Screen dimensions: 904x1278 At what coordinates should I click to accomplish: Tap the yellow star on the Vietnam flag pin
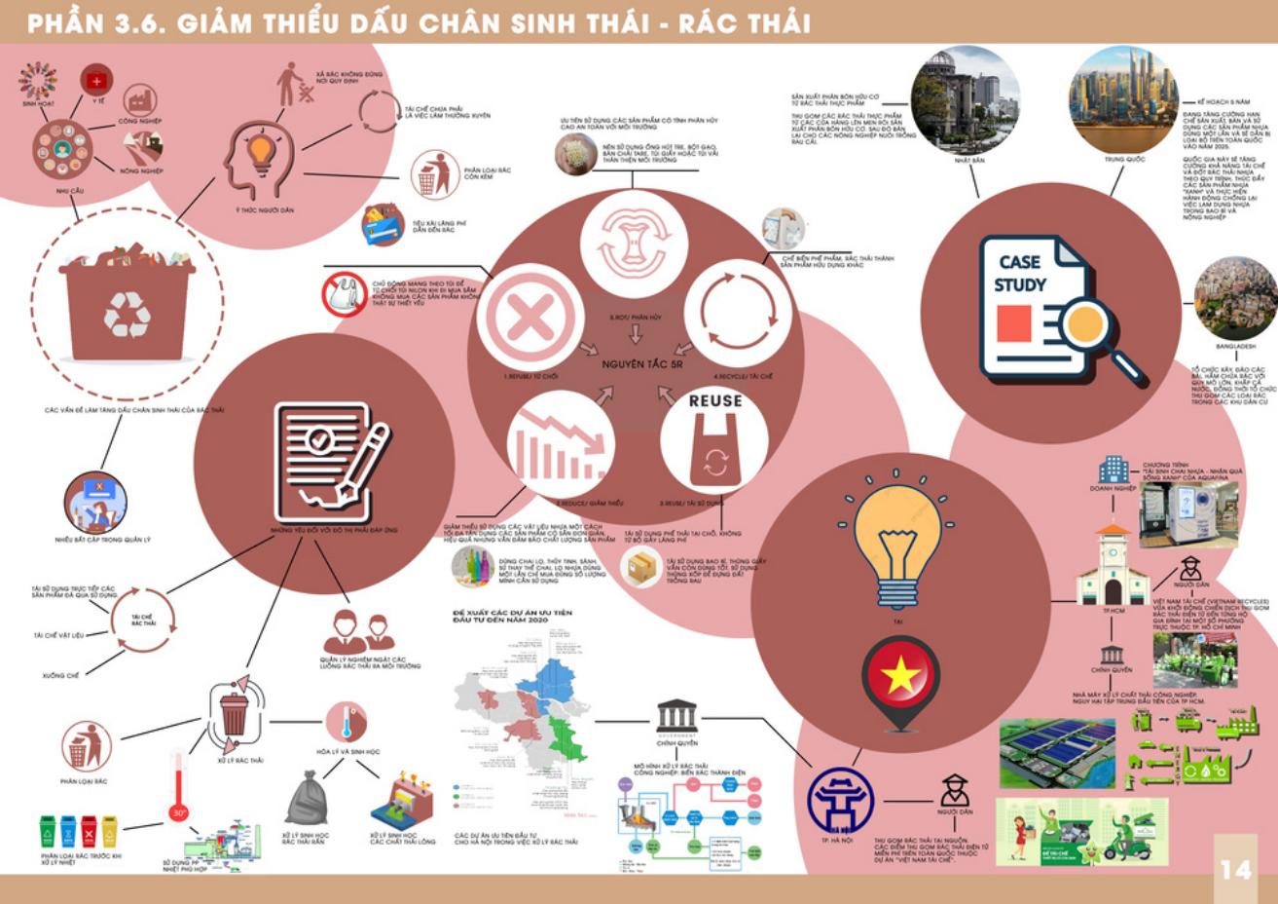900,673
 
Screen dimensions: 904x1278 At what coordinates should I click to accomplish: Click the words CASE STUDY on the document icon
1019,274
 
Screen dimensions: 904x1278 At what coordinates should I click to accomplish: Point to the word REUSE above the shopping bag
715,400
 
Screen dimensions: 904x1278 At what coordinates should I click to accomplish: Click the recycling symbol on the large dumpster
127,314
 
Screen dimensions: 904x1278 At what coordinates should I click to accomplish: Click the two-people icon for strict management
357,631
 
